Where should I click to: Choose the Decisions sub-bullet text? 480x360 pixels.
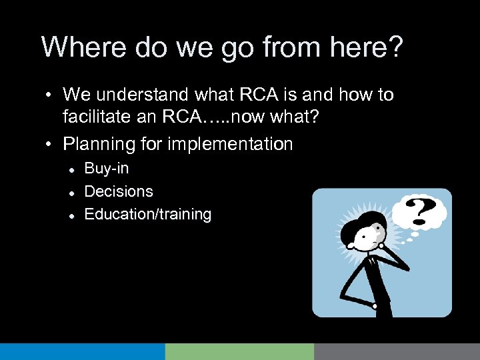point(119,192)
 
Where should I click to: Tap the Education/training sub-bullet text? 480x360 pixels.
point(147,215)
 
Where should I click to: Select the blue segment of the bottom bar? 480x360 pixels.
point(82,351)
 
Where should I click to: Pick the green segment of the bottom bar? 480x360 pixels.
point(239,351)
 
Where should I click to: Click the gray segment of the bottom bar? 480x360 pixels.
point(397,351)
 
